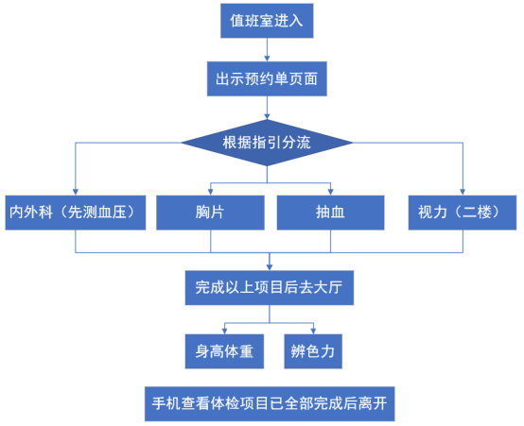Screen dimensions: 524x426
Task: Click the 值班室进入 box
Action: [267, 21]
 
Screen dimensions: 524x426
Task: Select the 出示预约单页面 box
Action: [267, 78]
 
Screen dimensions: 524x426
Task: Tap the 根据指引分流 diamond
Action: [267, 143]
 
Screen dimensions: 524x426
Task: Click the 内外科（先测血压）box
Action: [75, 213]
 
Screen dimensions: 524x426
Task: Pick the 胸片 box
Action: [210, 213]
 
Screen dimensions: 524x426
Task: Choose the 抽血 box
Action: [330, 213]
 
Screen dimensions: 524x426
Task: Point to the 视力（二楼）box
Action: [463, 213]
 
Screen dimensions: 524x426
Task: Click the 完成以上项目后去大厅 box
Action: [270, 288]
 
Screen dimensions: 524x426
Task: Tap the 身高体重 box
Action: [224, 351]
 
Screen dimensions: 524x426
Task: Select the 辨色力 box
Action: [313, 351]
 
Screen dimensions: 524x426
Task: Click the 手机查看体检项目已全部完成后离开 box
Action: [270, 403]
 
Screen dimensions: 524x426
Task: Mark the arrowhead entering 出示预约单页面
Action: [267, 59]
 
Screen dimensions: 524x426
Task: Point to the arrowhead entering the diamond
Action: [267, 116]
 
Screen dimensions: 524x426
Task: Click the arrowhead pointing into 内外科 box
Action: [75, 193]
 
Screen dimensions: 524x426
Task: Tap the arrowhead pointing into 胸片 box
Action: [210, 193]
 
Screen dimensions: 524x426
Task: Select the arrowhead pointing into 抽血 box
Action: [330, 193]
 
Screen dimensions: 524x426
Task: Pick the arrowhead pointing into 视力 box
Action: [463, 193]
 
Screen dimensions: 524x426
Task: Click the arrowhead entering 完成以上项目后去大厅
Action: [270, 267]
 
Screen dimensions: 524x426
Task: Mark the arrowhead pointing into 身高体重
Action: [224, 331]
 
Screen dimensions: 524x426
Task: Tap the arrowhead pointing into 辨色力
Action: [313, 331]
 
